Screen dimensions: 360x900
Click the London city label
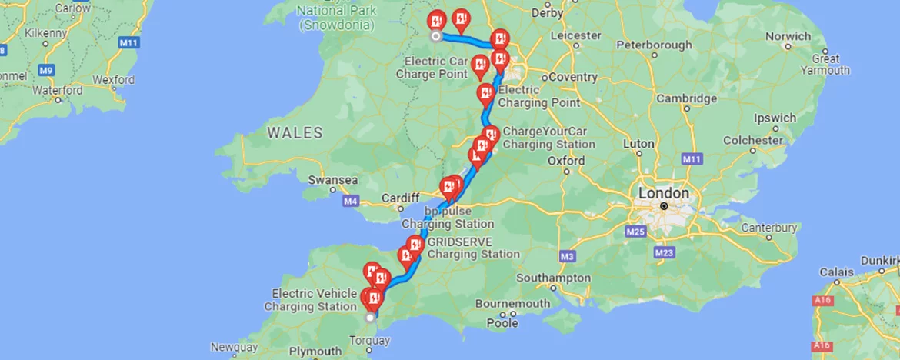(663, 192)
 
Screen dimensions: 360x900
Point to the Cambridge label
(686, 98)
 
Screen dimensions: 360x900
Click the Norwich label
(788, 36)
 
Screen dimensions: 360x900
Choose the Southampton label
(552, 277)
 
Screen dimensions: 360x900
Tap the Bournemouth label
(512, 303)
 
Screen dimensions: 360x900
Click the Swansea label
(332, 180)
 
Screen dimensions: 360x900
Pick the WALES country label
(295, 133)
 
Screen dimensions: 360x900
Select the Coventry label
(572, 77)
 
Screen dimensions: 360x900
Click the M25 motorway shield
(635, 232)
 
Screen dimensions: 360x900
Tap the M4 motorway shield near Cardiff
(351, 202)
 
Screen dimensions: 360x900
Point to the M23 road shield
(665, 252)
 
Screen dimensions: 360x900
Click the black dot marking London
(664, 206)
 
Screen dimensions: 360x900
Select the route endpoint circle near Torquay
(371, 317)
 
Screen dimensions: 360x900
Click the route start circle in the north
(435, 36)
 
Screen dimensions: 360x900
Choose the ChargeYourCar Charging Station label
(548, 138)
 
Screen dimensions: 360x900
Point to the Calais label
(838, 272)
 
